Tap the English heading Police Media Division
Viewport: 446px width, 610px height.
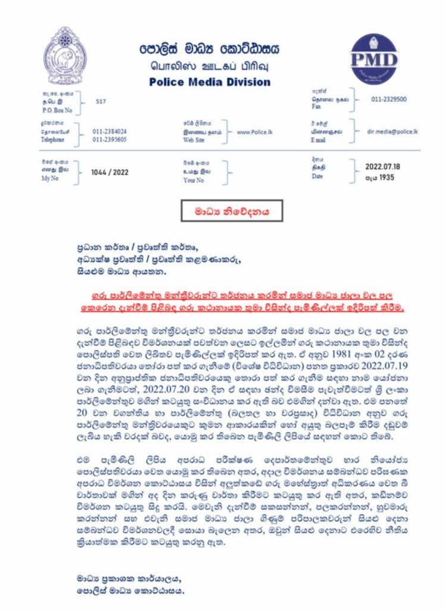tap(210, 82)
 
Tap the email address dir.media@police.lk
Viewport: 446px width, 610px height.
tap(392, 130)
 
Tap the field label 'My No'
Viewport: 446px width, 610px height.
tap(50, 178)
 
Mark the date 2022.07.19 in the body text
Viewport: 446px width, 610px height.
tap(363, 360)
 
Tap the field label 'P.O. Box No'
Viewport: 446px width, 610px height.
tap(58, 110)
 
